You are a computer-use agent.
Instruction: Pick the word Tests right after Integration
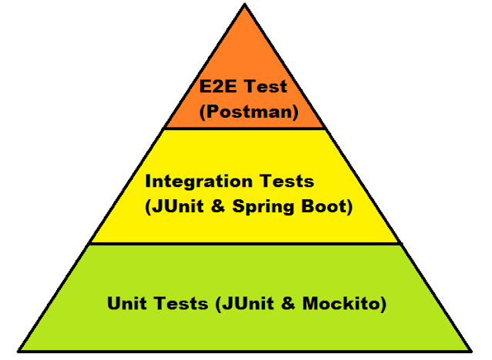(286, 182)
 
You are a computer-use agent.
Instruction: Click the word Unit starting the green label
(126, 303)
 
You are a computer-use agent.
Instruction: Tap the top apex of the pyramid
(245, 6)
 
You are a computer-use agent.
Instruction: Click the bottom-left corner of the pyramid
(18, 351)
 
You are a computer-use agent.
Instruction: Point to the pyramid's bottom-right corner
(471, 351)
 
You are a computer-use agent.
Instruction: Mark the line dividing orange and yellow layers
(245, 128)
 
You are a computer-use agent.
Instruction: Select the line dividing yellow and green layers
(245, 244)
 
